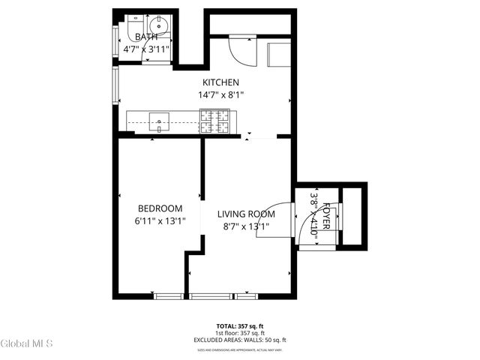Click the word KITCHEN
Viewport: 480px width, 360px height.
tap(220, 82)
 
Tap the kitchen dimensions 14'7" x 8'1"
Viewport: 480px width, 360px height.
tap(220, 95)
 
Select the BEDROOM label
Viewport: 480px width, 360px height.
tap(160, 208)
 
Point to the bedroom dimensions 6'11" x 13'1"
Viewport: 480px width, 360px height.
tap(160, 221)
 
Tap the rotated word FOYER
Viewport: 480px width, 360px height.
tap(327, 217)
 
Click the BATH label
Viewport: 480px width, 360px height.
tap(146, 37)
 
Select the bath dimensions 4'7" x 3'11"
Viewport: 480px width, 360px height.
tap(146, 50)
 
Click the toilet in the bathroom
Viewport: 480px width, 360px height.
tap(133, 31)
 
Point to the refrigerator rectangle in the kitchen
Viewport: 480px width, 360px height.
tap(280, 54)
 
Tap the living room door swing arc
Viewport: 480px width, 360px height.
tap(271, 221)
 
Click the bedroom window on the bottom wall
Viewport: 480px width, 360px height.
tap(167, 296)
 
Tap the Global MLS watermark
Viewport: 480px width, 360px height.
tap(27, 344)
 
